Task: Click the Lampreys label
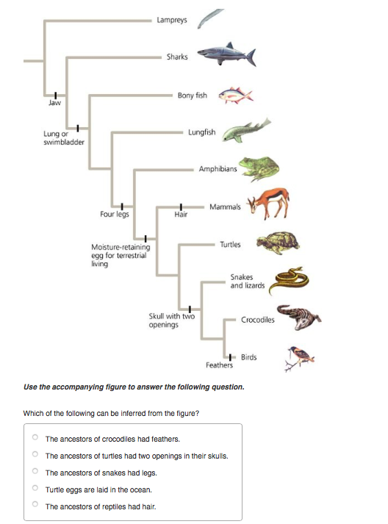[171, 20]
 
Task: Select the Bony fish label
[192, 96]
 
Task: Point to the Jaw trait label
[54, 104]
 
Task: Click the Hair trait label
[180, 215]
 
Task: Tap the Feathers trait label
[219, 365]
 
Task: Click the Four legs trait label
[115, 215]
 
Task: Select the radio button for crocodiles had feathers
[35, 438]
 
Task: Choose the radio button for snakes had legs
[35, 472]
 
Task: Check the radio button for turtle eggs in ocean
[35, 489]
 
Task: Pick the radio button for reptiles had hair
[35, 506]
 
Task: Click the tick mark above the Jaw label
[54, 94]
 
